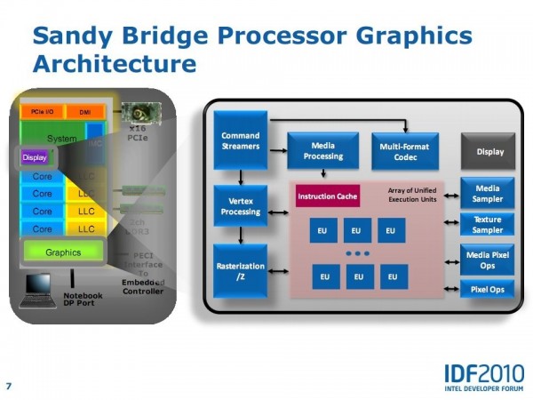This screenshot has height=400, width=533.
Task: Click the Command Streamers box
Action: click(240, 140)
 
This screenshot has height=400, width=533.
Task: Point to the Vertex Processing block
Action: click(240, 206)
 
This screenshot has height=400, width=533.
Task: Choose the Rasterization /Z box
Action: click(240, 271)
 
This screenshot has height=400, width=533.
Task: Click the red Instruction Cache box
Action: click(328, 196)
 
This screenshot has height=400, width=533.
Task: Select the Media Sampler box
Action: click(487, 194)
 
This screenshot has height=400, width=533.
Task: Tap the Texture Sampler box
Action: click(487, 225)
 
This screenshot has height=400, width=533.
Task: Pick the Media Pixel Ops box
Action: click(487, 260)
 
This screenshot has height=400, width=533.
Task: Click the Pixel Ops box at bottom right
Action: click(487, 289)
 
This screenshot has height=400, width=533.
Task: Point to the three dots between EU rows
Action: click(357, 254)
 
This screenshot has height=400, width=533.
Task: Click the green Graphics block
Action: click(63, 252)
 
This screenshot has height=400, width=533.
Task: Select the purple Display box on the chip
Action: click(35, 157)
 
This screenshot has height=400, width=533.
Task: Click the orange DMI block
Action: click(85, 112)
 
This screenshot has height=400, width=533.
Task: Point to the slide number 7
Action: click(9, 386)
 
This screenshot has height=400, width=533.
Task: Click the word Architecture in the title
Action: click(114, 64)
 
